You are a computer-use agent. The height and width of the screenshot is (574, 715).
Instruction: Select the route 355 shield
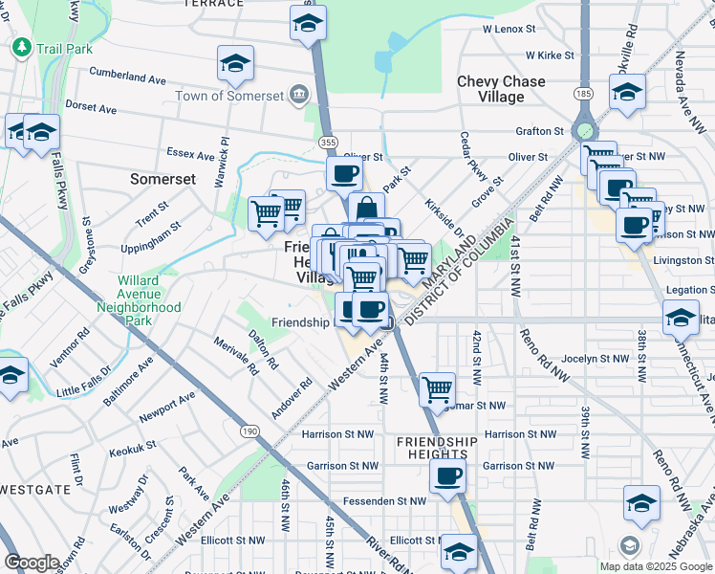[328, 142]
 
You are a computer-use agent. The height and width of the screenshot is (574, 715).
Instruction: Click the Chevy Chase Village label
[503, 89]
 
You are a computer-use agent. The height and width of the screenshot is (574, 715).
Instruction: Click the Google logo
[32, 563]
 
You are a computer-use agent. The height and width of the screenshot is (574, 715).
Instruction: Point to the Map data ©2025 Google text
[656, 566]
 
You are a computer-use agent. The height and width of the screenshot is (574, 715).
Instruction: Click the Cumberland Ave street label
[128, 74]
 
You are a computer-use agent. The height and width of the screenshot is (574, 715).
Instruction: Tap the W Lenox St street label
[512, 30]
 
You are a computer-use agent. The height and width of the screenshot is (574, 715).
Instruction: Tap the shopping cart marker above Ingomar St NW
[437, 388]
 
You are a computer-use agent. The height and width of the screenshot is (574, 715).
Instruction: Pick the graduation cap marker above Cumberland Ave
[235, 64]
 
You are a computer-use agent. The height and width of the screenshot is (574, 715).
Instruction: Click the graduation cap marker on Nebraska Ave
[641, 502]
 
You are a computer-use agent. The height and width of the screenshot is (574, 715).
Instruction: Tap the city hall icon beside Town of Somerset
[299, 94]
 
